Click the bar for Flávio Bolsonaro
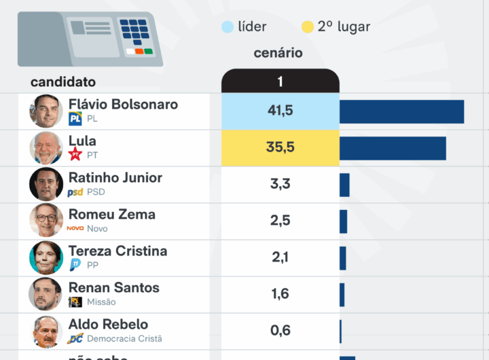tap(401, 111)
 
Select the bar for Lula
tap(393, 148)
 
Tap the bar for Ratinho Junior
tap(344, 185)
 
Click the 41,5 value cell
tap(280, 111)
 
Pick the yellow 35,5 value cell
tap(280, 147)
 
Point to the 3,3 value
tap(280, 184)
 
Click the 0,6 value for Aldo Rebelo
tap(280, 331)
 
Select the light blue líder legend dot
tap(228, 27)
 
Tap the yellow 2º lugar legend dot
tap(307, 27)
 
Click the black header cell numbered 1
tap(280, 82)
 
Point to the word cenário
tap(278, 53)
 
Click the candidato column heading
tap(63, 82)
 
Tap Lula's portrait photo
tap(46, 148)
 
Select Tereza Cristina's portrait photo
tap(46, 258)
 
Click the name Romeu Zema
tap(112, 215)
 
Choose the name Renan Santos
tap(114, 288)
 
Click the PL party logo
tap(75, 119)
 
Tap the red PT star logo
tap(75, 155)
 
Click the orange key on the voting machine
tap(139, 52)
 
